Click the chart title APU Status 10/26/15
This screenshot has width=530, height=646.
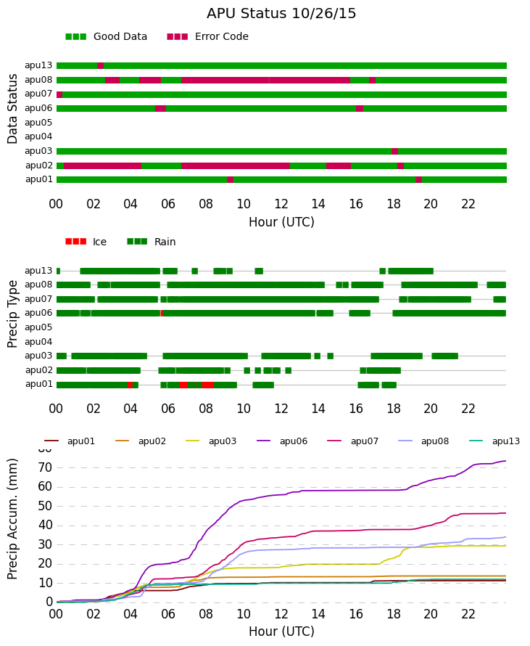click(x=281, y=14)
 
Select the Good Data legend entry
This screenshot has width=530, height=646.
click(x=106, y=37)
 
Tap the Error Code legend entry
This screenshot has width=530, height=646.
click(x=208, y=37)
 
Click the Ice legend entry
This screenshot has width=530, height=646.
click(x=86, y=242)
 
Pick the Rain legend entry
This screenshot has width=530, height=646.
click(x=152, y=242)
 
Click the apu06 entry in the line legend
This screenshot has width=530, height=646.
click(x=282, y=441)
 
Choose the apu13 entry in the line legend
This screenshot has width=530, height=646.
click(x=494, y=441)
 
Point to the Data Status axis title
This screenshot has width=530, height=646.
click(x=12, y=109)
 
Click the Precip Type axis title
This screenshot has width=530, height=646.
click(x=12, y=314)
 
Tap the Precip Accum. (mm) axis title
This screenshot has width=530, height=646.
click(x=12, y=519)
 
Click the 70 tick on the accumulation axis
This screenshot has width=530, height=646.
click(x=45, y=467)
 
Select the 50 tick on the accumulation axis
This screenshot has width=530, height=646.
click(x=45, y=506)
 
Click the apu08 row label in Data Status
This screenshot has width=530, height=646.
click(x=38, y=80)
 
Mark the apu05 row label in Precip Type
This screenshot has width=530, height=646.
click(x=38, y=327)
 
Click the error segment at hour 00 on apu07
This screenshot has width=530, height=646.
click(x=59, y=95)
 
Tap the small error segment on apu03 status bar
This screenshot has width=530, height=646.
click(x=394, y=151)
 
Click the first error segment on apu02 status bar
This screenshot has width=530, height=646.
click(x=102, y=165)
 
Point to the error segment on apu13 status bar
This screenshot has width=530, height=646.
click(x=100, y=65)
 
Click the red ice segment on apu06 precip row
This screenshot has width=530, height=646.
click(x=161, y=313)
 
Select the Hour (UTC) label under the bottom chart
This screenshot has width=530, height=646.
click(x=281, y=631)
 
